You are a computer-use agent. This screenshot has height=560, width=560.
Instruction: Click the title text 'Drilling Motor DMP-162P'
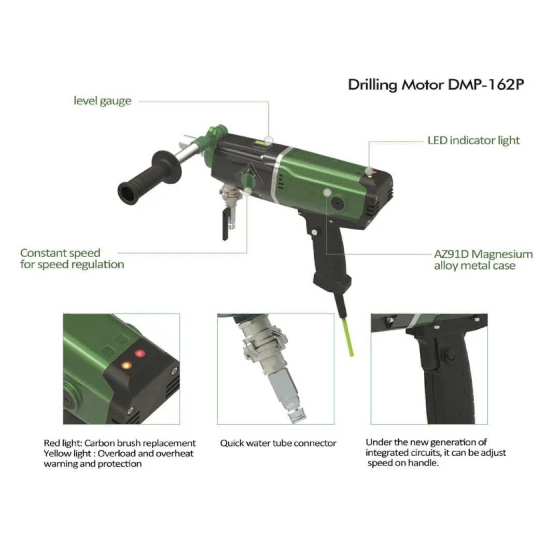coord(436,85)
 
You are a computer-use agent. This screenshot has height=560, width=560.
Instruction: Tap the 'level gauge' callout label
coord(103,101)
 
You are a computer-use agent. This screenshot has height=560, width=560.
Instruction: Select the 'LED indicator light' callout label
coord(473,141)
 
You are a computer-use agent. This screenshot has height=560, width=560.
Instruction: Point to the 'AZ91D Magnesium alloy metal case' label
coord(483,260)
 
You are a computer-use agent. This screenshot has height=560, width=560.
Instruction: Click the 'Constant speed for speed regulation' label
coord(72,259)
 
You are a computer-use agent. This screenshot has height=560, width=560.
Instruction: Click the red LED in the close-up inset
coord(139,354)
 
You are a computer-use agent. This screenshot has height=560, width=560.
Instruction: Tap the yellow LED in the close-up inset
coord(127,366)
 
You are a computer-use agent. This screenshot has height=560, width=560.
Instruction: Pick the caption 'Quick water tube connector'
coord(278,443)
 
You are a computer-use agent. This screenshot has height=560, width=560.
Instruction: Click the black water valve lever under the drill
coord(226,225)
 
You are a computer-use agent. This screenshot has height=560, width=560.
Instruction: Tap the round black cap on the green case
coord(337,203)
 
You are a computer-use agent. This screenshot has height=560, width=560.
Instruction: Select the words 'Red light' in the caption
coord(63,443)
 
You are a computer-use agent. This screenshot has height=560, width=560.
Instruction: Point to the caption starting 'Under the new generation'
coord(436,453)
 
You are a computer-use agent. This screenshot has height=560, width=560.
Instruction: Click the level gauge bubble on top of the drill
coord(260,143)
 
